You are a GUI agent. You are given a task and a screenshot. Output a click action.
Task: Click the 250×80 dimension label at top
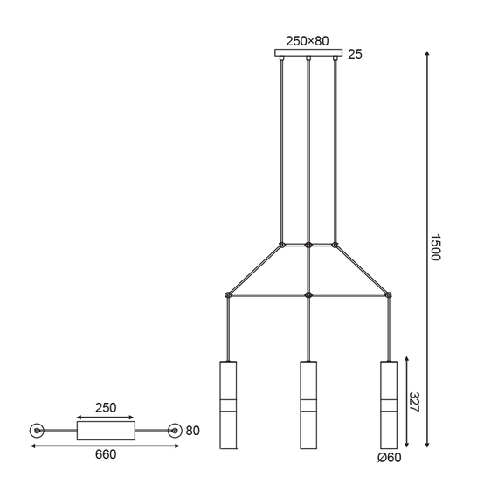(x=308, y=39)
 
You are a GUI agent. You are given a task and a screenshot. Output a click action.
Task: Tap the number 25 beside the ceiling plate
(x=355, y=54)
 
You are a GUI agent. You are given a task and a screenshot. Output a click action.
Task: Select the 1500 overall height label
(x=438, y=249)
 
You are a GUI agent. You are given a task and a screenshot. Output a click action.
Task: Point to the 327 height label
(x=414, y=403)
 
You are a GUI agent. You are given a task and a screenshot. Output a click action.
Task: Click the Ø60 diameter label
(x=389, y=458)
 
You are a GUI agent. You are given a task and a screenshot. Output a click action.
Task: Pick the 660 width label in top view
(x=105, y=453)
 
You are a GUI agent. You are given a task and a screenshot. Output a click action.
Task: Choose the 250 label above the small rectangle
(x=105, y=408)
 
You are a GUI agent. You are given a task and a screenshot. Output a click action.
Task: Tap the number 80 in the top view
(x=194, y=430)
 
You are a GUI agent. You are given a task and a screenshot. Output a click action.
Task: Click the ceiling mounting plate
(x=308, y=54)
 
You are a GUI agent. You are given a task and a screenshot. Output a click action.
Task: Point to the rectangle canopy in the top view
(x=106, y=430)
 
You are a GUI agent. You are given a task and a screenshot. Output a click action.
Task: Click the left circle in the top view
(x=37, y=430)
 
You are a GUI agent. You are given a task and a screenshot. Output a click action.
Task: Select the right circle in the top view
(x=175, y=430)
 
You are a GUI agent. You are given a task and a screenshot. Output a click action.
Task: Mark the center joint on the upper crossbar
(x=308, y=244)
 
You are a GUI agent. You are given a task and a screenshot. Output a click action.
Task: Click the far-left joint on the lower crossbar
(x=228, y=294)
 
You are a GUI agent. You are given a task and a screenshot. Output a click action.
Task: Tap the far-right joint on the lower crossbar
(x=388, y=294)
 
